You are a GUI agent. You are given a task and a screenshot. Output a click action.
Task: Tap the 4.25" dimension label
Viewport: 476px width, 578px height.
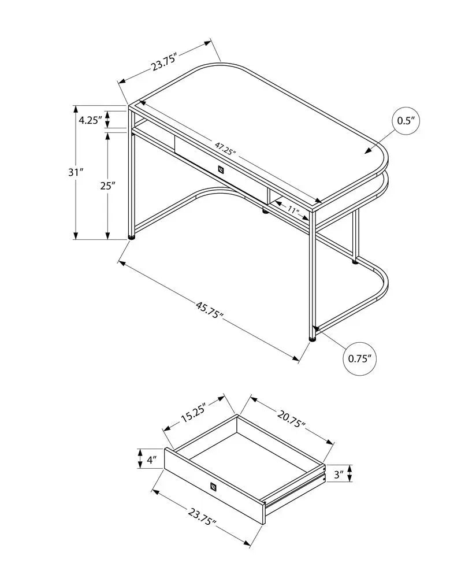[x=90, y=120]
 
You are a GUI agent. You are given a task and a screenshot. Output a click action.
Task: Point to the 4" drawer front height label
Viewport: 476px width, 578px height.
[x=152, y=460]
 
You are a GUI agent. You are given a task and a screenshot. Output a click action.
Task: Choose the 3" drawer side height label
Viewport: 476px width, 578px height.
[x=339, y=475]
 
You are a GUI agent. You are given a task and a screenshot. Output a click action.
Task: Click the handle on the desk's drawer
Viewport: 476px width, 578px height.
[x=220, y=169]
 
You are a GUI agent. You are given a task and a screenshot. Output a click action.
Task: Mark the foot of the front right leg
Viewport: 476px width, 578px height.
[x=313, y=339]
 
